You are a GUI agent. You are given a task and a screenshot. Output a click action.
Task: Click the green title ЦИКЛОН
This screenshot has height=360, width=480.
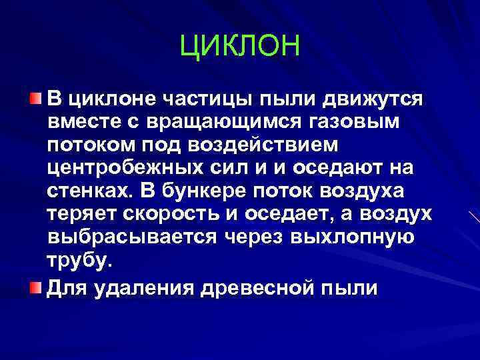pyautogui.click(x=241, y=47)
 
